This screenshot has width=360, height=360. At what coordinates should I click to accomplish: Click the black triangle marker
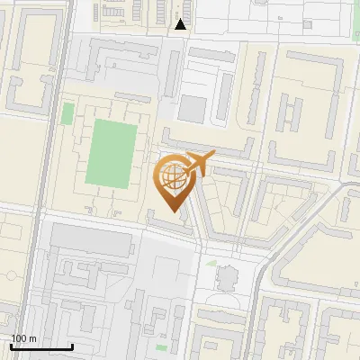pos(181,24)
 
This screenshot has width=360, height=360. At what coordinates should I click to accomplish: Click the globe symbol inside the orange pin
pos(171,177)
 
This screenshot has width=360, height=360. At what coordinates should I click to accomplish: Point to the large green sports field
pos(112,154)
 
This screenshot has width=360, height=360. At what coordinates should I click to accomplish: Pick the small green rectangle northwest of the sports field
pos(67,114)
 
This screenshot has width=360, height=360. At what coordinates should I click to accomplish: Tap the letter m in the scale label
pos(32,338)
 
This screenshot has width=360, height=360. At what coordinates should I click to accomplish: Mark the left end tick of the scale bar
pos(12,346)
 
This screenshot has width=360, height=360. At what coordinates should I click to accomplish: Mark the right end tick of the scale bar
pos(73,346)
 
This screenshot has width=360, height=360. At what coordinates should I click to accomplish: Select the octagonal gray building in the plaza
pos(226,276)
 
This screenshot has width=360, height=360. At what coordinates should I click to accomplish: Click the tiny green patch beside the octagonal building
pos(211,263)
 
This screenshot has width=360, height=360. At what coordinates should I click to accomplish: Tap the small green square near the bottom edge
pos(161,346)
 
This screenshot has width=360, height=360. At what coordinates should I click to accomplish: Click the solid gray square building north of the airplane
pos(192,109)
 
